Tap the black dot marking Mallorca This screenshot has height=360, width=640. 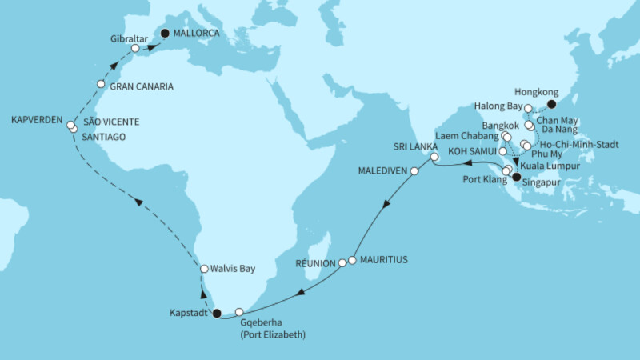166,34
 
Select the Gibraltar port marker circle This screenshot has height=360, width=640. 136,49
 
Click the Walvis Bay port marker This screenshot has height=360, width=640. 204,270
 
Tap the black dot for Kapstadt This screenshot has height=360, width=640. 217,314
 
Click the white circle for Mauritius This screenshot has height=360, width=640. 351,260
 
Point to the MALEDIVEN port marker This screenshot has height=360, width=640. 414,171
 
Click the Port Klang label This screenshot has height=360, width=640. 478,179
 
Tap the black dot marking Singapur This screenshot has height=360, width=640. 516,178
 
